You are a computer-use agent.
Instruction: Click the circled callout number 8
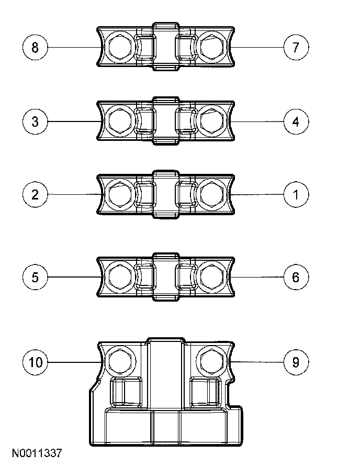pos(35,48)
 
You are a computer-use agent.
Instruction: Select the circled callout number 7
pos(296,48)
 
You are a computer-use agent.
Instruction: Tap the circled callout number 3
pos(35,122)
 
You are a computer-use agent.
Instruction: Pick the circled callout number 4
pos(296,122)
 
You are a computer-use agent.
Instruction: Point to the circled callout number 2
pos(35,195)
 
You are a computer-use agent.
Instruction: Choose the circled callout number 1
pos(296,195)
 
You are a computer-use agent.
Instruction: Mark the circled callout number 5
pos(35,277)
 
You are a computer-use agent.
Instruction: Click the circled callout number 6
pos(296,277)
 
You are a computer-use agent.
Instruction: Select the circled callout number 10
pos(35,362)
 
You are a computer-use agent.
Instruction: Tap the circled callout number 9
pos(296,362)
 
